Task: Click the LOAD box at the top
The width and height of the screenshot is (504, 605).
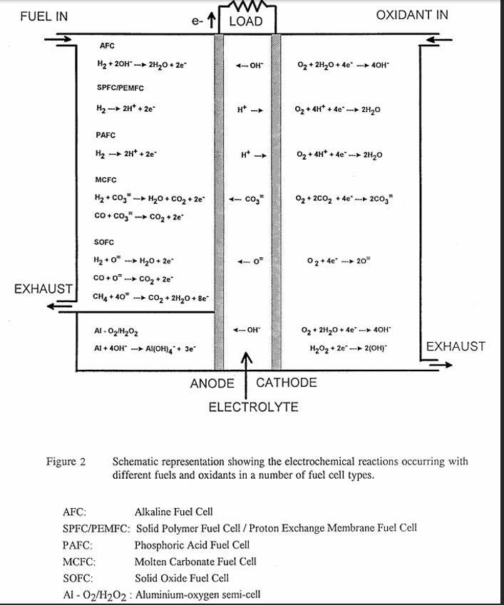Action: (246, 21)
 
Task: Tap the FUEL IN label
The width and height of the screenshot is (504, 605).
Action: (44, 16)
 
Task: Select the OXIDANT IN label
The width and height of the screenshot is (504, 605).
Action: (413, 16)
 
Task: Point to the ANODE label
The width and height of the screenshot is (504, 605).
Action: (212, 384)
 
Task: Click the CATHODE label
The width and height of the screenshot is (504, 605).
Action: (286, 383)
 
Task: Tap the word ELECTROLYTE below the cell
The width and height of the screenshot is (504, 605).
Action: (252, 408)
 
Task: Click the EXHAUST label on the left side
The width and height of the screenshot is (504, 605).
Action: (43, 289)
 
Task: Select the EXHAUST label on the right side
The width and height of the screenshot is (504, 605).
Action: (455, 346)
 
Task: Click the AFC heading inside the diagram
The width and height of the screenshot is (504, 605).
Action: (107, 46)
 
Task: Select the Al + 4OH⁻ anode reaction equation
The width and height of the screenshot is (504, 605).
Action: (145, 349)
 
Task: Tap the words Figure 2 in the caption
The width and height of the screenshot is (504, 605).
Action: (66, 462)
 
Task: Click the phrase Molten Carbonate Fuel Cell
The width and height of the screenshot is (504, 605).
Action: (195, 561)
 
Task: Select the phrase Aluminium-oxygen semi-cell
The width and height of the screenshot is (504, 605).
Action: (197, 594)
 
